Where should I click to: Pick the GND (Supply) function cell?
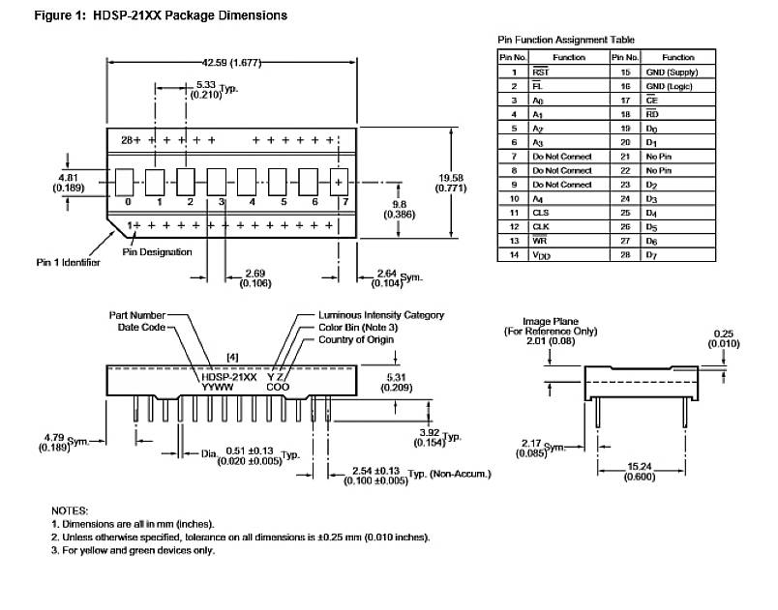click(x=672, y=73)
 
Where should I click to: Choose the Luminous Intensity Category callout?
click(x=381, y=315)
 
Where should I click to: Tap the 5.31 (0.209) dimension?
click(x=394, y=382)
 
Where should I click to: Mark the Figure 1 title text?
click(x=154, y=16)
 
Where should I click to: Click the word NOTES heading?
click(x=70, y=509)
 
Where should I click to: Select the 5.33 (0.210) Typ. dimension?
click(x=209, y=91)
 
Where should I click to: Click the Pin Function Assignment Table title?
click(x=566, y=40)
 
